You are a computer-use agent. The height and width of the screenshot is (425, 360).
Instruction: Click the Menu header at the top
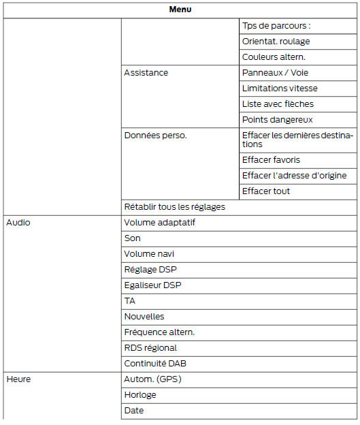click(180, 9)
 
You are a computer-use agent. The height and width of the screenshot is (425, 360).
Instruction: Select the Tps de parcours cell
click(276, 26)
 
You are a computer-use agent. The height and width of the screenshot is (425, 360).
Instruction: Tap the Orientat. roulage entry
click(276, 42)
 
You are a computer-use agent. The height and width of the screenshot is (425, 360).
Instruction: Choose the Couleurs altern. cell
click(274, 57)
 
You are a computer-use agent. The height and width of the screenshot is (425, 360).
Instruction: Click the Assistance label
click(146, 73)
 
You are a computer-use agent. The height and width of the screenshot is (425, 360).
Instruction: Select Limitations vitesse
click(280, 89)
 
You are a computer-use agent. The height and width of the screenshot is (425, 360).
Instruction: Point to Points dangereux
click(277, 120)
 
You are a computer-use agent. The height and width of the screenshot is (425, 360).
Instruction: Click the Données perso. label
click(155, 136)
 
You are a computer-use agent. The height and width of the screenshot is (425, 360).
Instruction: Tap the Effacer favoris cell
click(272, 160)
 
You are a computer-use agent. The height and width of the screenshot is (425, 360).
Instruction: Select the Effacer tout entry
click(266, 191)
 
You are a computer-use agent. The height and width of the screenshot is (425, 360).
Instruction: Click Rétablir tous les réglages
click(174, 207)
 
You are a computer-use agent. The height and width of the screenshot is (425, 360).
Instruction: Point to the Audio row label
click(18, 223)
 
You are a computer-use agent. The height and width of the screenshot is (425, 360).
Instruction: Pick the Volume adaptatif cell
click(160, 223)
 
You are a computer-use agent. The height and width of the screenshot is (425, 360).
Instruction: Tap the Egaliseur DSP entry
click(153, 285)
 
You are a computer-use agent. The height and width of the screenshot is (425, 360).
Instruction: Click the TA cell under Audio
click(129, 301)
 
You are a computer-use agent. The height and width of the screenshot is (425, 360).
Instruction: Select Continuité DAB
click(155, 364)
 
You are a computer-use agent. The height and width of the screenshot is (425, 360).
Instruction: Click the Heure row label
click(18, 379)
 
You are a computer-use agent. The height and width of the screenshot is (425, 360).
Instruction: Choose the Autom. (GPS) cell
click(153, 379)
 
